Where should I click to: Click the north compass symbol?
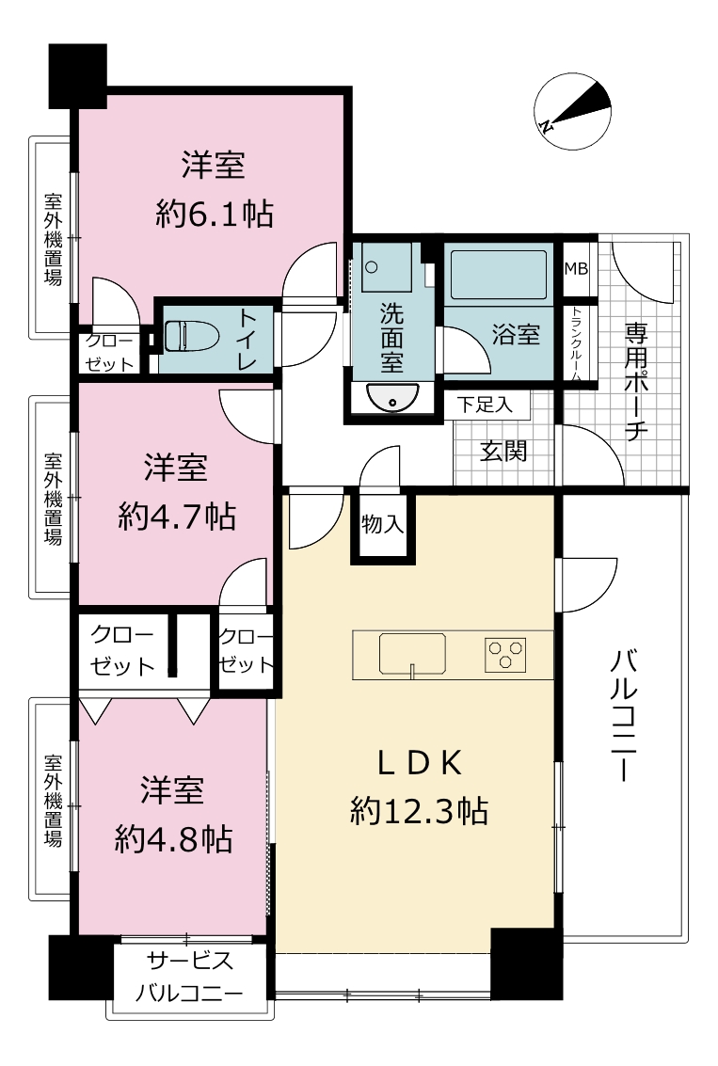[572, 112]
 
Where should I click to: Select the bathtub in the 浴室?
[499, 274]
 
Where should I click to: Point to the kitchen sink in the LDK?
[412, 653]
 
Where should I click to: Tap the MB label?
[576, 268]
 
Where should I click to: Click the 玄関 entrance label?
[503, 451]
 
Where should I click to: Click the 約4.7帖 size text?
[177, 517]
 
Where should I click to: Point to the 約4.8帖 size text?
[174, 839]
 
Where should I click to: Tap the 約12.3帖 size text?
[420, 810]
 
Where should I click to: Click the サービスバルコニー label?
[190, 977]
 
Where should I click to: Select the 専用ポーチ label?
[636, 381]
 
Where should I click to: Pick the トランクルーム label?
[576, 344]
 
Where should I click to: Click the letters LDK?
[421, 763]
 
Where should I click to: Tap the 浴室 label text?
[517, 335]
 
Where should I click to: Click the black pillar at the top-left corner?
[78, 75]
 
